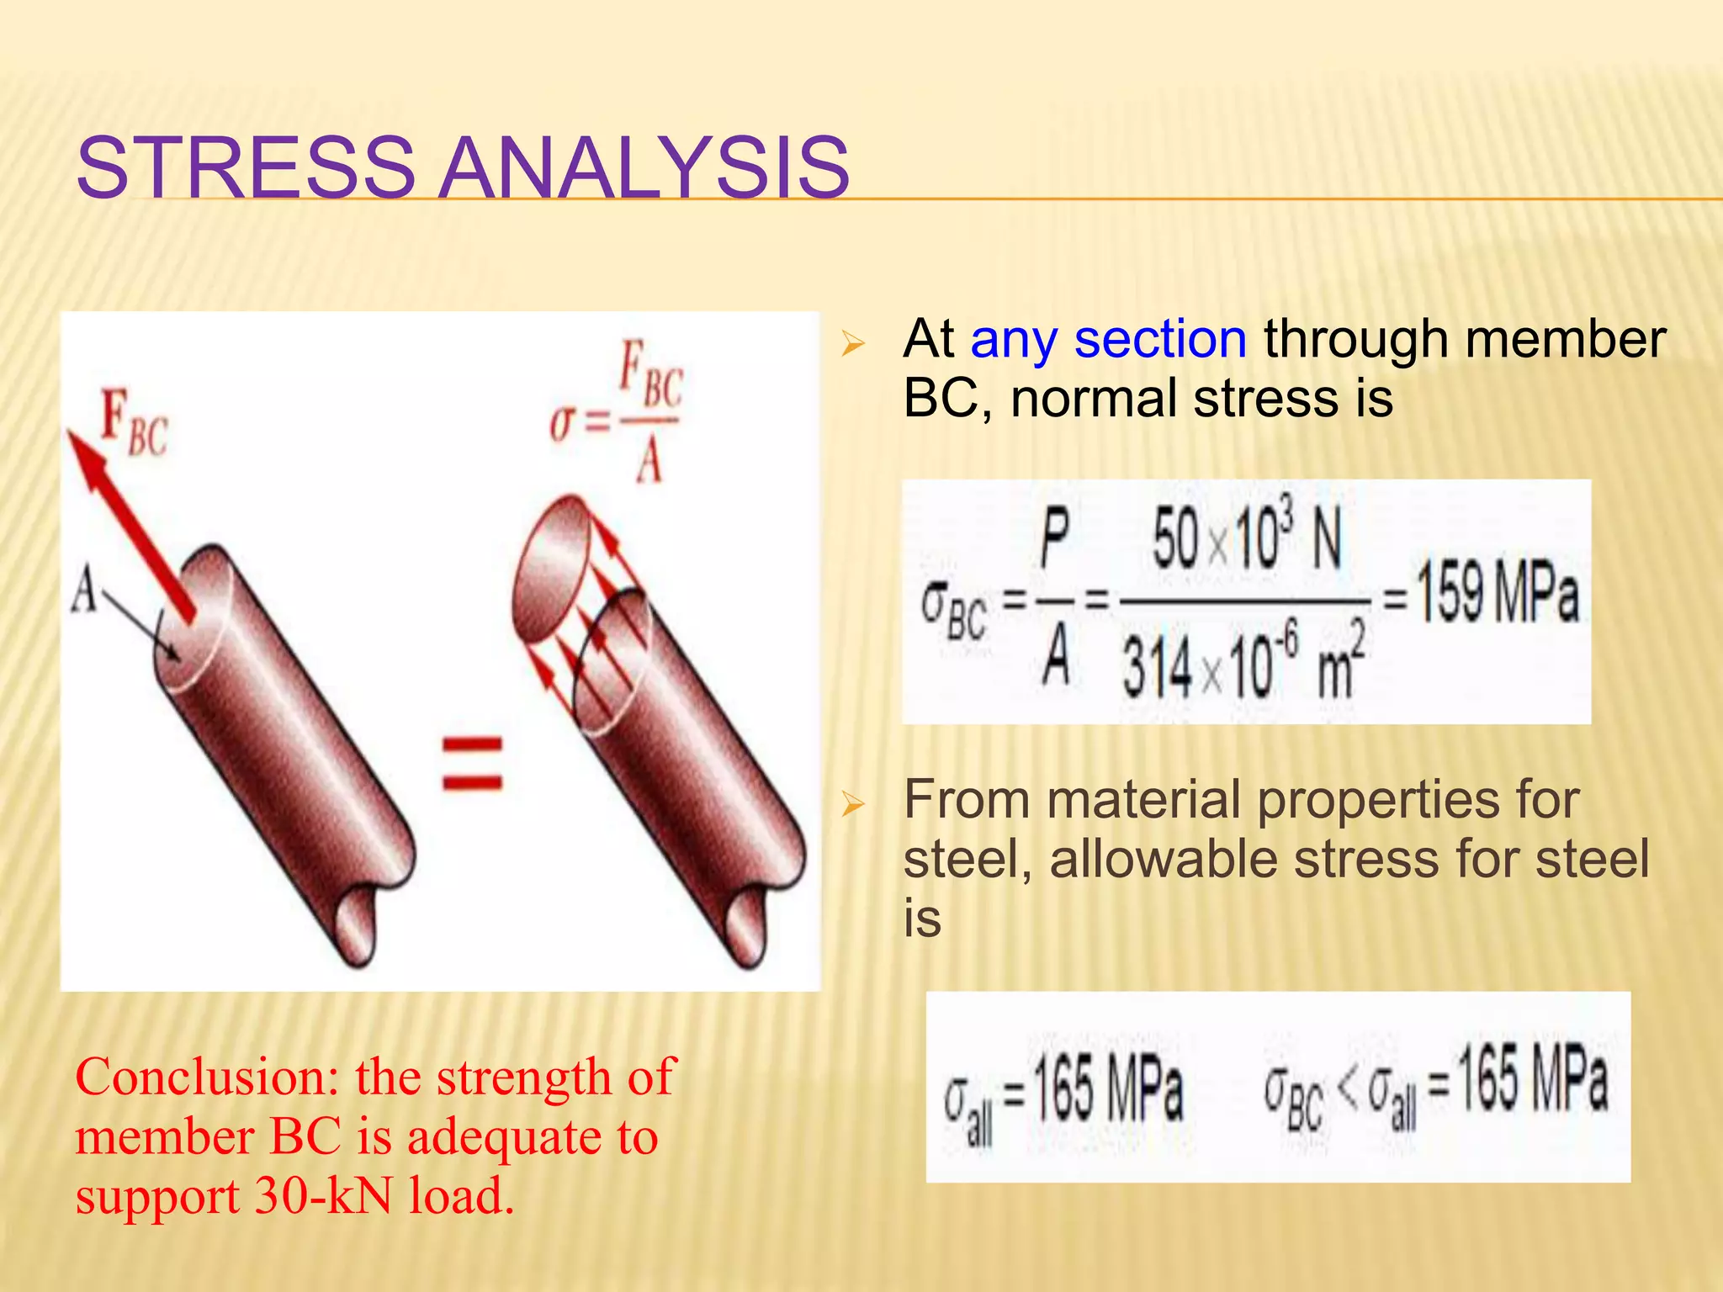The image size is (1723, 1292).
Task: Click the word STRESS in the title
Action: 245,167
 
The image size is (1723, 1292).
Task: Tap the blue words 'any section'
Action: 1108,339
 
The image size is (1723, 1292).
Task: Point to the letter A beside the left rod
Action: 84,589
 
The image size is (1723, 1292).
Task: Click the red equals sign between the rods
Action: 472,763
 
